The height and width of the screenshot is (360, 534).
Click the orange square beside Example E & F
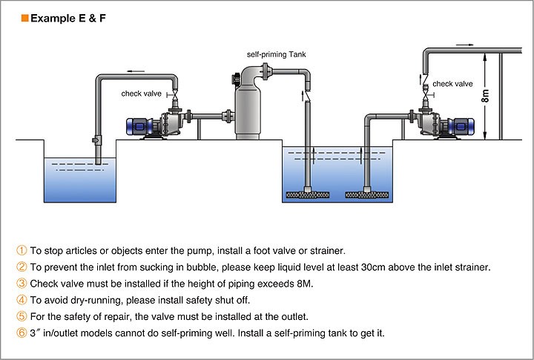pos(24,18)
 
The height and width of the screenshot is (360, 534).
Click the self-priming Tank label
pos(276,54)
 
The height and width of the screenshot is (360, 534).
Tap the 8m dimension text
pos(486,96)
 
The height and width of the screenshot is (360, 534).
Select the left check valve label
pos(142,94)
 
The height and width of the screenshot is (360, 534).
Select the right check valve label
pos(452,84)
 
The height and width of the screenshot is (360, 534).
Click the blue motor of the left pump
pos(139,126)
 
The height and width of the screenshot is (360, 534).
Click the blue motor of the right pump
pos(461,126)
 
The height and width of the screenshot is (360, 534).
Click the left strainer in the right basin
pos(308,195)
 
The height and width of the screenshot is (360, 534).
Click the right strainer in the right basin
pos(367,195)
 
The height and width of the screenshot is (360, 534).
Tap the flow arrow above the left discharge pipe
pos(136,71)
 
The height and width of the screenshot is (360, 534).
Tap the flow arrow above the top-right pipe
pos(465,45)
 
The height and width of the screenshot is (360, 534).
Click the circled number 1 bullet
pos(22,251)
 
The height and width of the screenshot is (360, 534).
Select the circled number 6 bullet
pos(22,333)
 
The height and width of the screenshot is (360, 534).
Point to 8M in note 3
pos(305,284)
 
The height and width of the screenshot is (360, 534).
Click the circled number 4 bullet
pos(22,300)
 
